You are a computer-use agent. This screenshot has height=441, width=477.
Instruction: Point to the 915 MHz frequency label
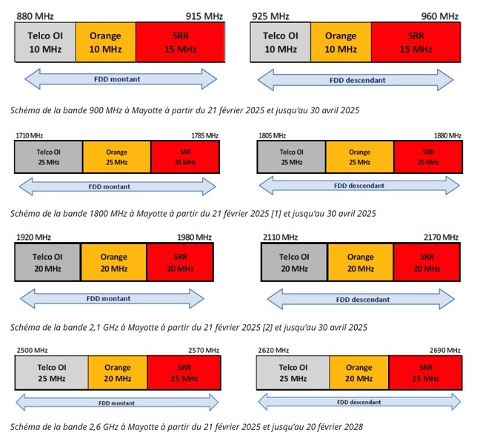coord(205,16)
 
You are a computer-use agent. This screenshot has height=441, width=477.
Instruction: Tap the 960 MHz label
coord(440,16)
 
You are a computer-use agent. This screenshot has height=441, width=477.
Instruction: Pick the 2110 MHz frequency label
coord(280,237)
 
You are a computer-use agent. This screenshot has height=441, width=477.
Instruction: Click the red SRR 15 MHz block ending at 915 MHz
coord(181,42)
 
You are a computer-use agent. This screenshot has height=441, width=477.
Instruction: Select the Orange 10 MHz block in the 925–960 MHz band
coord(341,42)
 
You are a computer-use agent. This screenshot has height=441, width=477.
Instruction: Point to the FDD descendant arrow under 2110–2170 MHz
coord(362,300)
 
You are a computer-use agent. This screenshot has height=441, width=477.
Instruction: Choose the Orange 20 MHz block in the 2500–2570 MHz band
coord(117,372)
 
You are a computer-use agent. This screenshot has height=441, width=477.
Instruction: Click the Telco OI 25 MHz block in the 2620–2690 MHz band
coord(292,372)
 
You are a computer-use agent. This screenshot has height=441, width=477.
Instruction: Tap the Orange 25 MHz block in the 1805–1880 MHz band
coord(359,157)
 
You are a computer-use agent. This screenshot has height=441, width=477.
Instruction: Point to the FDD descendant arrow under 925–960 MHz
coord(353,79)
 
